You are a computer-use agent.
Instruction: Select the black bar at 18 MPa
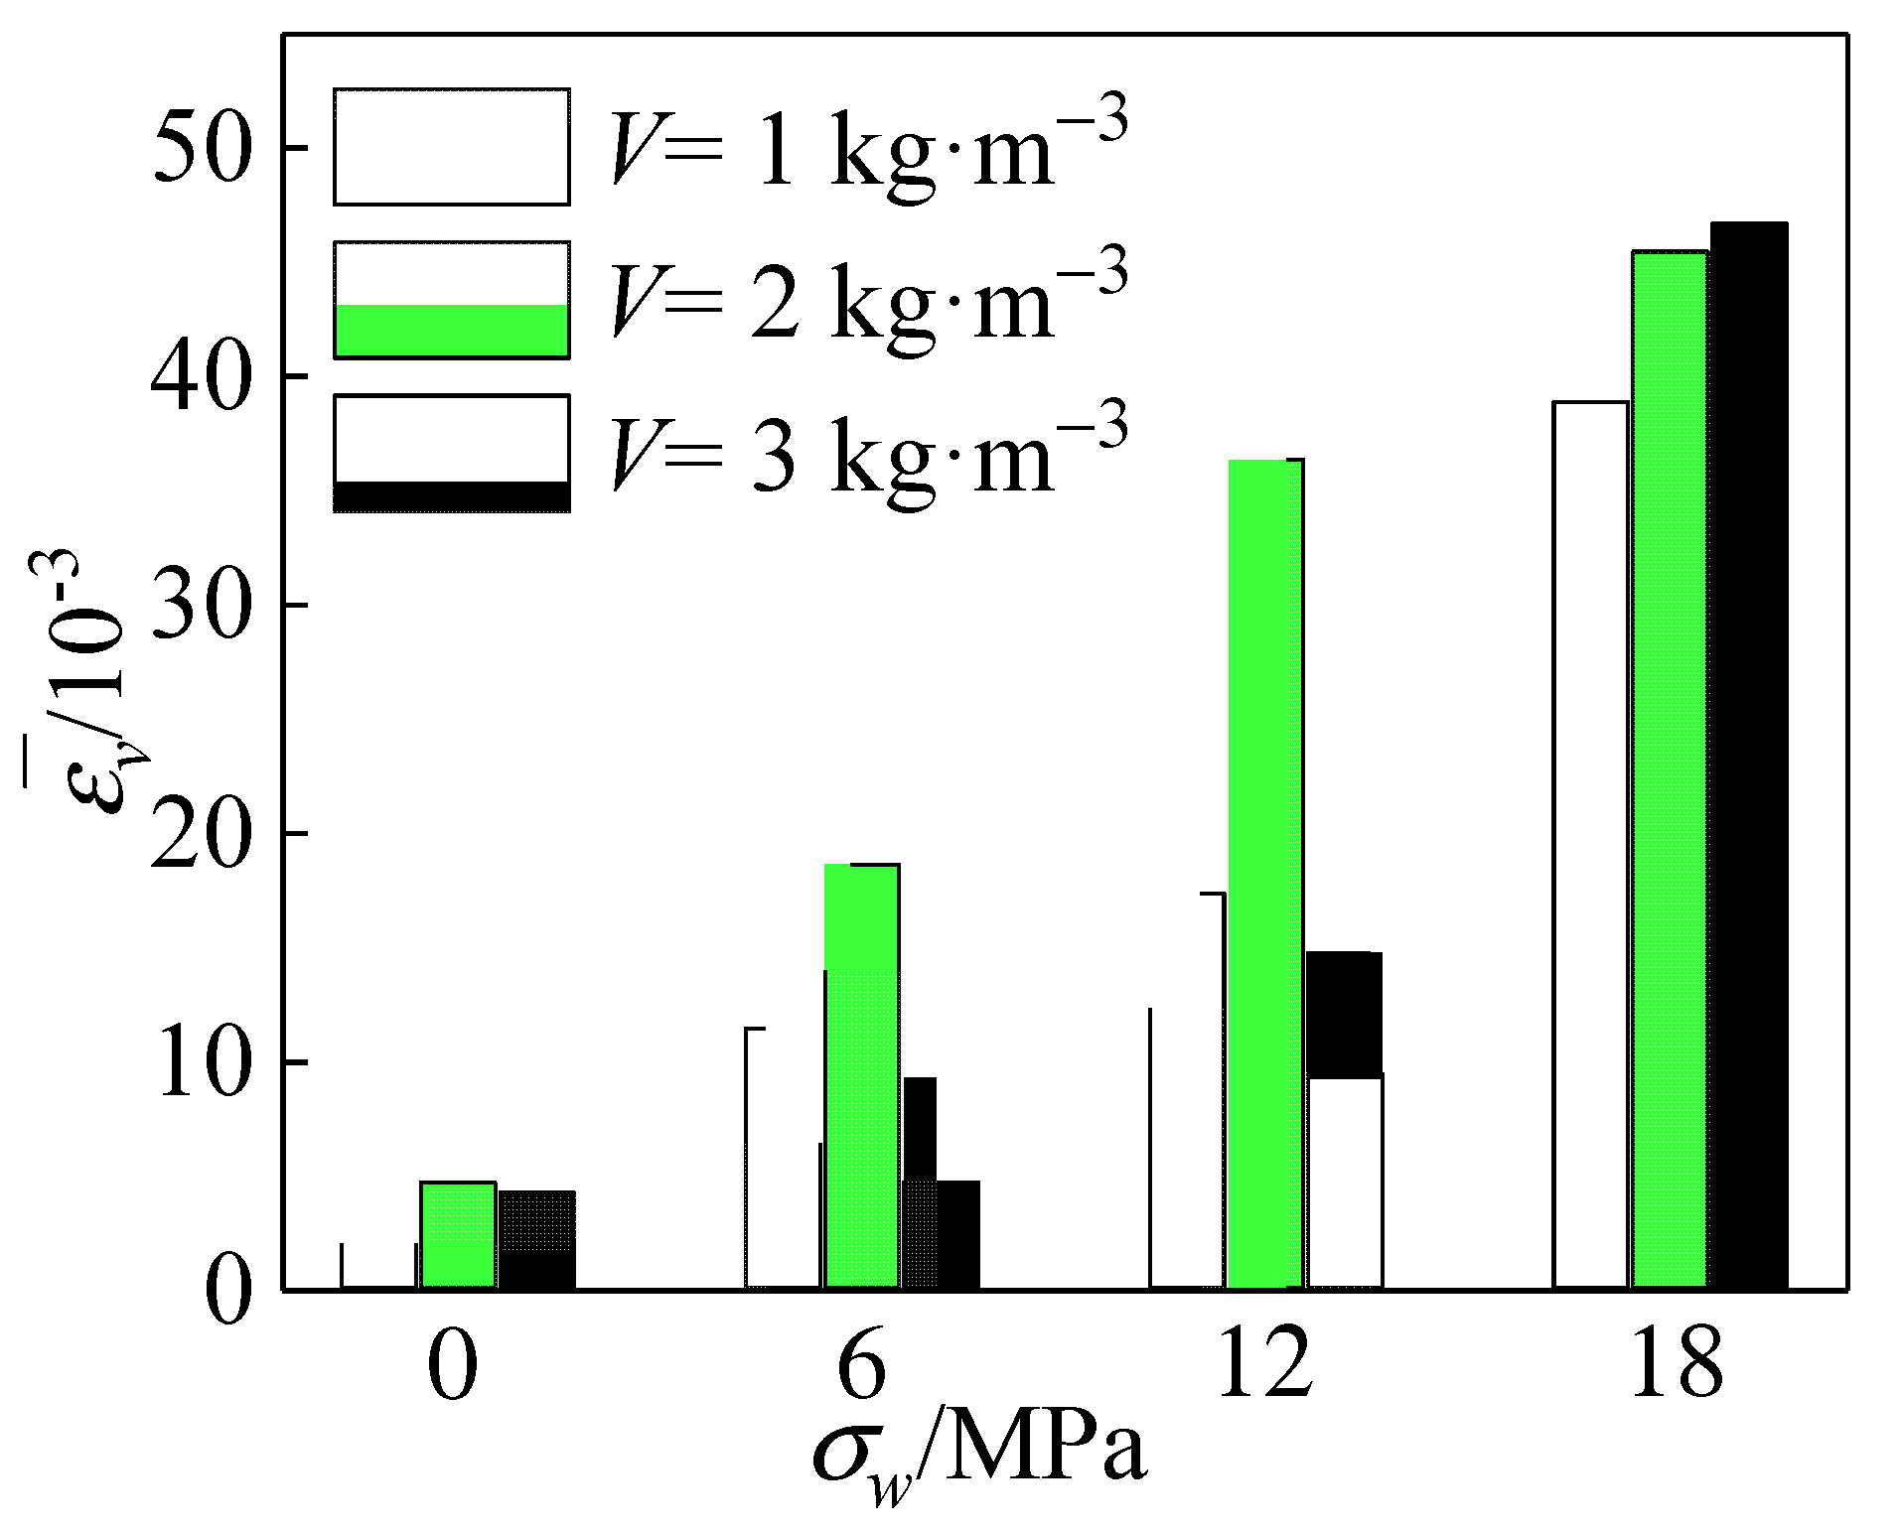(1748, 755)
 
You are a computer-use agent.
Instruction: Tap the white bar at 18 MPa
(1590, 844)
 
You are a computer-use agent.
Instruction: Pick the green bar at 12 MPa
(1264, 874)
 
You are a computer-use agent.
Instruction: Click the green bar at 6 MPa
(861, 1076)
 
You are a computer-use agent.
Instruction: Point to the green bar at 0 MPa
(458, 1235)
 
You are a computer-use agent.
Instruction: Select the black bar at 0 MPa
(536, 1240)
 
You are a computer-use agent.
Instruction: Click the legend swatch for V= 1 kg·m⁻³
(452, 147)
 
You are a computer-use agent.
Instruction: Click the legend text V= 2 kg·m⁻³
(869, 300)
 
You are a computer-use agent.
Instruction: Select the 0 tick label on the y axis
(227, 1290)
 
